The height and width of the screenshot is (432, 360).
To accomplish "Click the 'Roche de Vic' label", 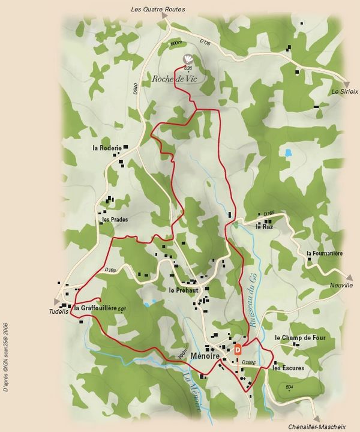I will click(175, 79).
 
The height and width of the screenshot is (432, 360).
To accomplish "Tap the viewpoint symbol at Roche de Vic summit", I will click(188, 58).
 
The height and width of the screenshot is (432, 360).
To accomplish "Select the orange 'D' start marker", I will click(238, 349).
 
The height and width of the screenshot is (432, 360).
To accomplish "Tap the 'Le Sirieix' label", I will click(344, 92).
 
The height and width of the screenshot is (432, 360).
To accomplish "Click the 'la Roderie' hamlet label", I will click(107, 148).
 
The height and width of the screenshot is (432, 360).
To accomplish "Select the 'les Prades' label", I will click(115, 220).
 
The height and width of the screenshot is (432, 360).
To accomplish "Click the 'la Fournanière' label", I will click(324, 254).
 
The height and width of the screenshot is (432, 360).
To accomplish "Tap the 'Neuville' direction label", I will click(341, 285).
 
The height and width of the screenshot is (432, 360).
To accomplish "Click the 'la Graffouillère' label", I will click(96, 308).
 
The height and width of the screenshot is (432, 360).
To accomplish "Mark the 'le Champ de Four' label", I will click(300, 338).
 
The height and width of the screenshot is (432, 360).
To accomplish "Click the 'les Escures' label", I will click(288, 368).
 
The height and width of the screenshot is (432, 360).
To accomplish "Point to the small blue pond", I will click(288, 152).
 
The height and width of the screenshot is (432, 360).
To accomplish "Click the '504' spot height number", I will click(289, 387).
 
